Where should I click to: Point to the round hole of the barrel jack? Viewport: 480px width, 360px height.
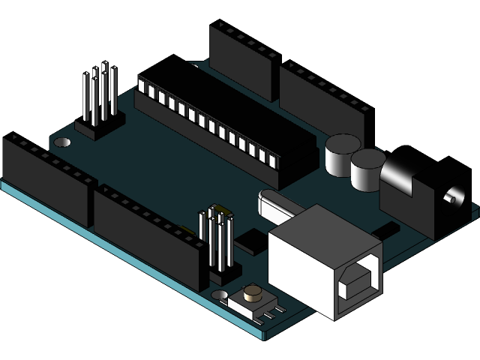click(x=450, y=198)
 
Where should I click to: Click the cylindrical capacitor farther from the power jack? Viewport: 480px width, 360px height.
click(x=341, y=154)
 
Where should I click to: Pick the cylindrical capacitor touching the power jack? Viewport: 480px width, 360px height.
click(x=367, y=169)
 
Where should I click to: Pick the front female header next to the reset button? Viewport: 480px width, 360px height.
click(x=150, y=236)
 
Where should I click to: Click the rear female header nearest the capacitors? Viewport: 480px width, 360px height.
click(x=322, y=105)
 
